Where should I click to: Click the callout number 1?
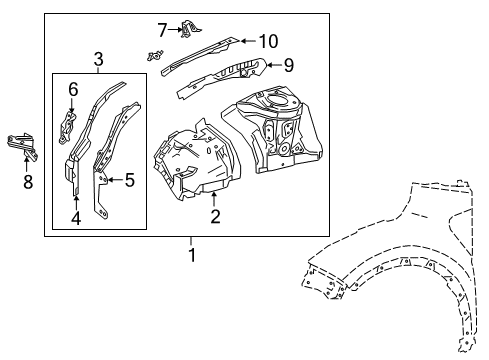(x=192, y=255)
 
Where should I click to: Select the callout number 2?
(x=215, y=216)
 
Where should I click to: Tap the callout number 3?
(x=98, y=60)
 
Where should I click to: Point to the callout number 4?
(x=76, y=218)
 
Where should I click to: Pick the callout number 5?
(x=129, y=180)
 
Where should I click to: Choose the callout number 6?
(x=73, y=90)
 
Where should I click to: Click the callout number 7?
(x=162, y=30)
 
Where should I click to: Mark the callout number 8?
(x=28, y=182)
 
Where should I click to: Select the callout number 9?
(x=289, y=65)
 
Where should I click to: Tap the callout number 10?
(x=268, y=41)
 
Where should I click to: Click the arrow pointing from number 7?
(x=175, y=30)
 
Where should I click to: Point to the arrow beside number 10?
(x=249, y=41)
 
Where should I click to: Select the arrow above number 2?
(x=214, y=199)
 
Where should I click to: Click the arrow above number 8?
(x=26, y=165)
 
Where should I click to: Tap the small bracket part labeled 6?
(x=67, y=127)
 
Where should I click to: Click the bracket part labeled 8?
(x=22, y=145)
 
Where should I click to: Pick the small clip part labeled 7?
(x=190, y=28)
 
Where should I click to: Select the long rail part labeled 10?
(x=200, y=56)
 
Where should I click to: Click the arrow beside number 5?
(x=115, y=180)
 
